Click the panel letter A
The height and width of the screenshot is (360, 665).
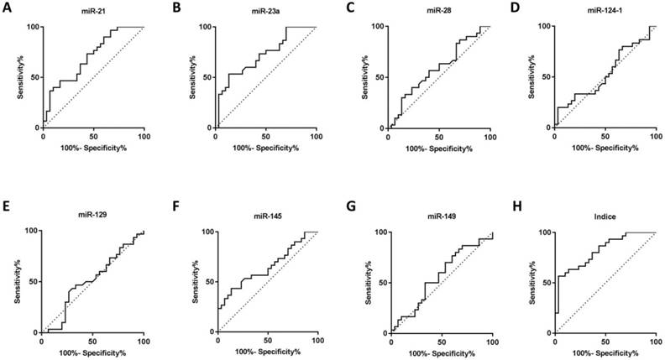point(8,8)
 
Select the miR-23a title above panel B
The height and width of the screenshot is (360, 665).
point(266,13)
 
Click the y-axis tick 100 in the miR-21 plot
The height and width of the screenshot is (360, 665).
point(34,27)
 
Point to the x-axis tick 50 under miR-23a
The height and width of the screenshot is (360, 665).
point(266,136)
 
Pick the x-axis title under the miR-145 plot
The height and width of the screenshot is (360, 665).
point(267,352)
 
